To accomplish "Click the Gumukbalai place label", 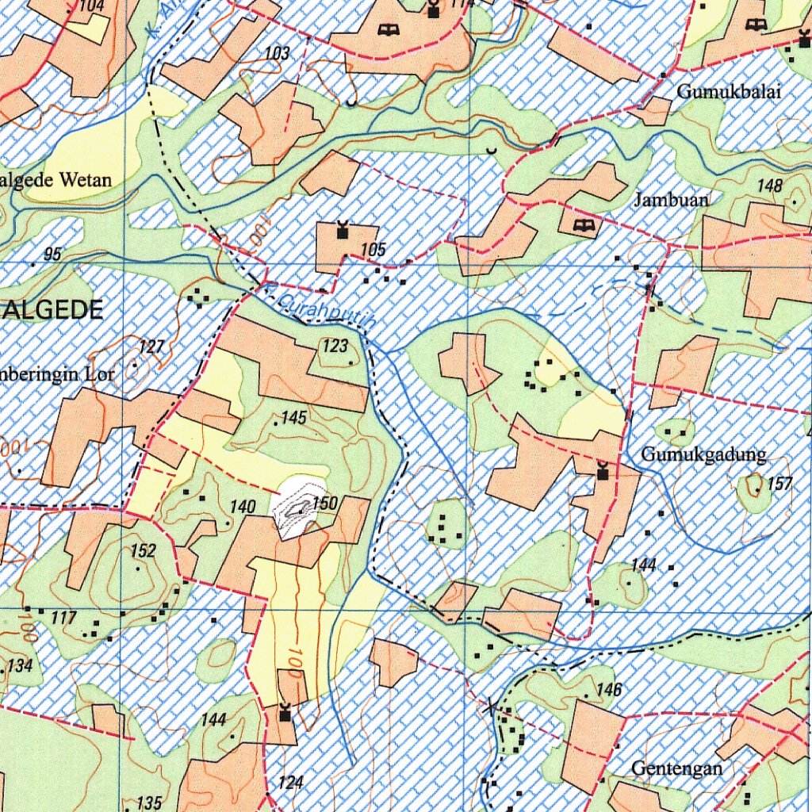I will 729,92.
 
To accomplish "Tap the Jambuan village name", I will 671,200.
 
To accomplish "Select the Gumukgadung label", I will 703,455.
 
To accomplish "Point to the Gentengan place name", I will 676,768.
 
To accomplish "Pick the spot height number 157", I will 779,484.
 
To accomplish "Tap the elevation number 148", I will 770,186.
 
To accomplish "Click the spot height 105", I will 373,251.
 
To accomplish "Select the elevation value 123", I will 335,346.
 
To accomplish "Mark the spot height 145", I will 293,417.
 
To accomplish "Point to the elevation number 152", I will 143,550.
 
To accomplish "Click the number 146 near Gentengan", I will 608,690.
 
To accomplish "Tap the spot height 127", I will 151,347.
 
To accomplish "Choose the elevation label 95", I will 53,254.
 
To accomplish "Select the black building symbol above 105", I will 343,231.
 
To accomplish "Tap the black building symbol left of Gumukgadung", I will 603,472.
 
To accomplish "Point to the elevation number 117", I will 63,618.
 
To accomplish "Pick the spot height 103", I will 278,54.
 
